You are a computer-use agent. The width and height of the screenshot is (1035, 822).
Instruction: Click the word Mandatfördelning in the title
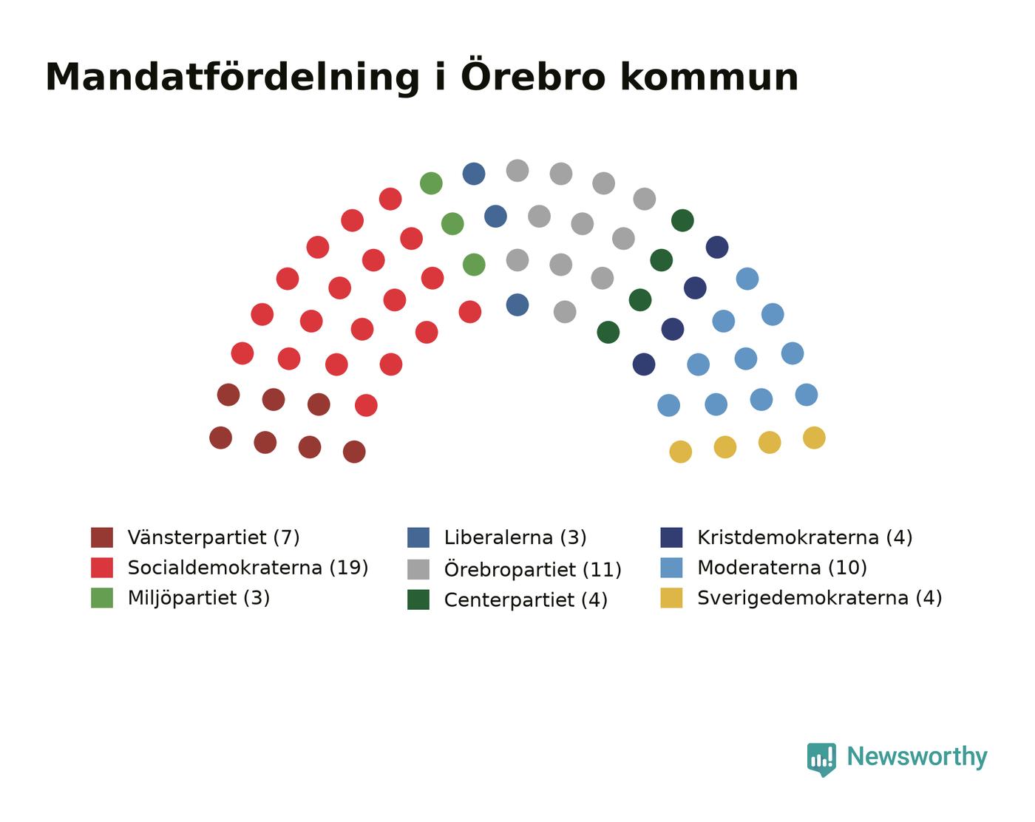[x=233, y=78]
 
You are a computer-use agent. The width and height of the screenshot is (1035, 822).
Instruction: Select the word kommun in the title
[x=710, y=77]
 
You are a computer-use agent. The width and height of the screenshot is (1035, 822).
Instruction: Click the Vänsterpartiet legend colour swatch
[x=102, y=537]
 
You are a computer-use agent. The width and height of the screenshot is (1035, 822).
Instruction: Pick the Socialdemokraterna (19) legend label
[x=248, y=568]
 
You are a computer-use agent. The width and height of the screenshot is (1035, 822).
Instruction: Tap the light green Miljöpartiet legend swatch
[x=102, y=598]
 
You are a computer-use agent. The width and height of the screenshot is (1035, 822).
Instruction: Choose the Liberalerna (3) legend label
[x=515, y=537]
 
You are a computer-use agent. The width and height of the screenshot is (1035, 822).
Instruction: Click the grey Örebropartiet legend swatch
[x=418, y=569]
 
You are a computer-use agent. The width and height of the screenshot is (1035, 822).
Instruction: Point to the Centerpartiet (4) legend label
[x=526, y=599]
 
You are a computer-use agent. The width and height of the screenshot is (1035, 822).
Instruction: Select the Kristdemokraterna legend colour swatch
[x=671, y=537]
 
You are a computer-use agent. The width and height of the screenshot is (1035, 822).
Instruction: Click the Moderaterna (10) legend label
[x=782, y=568]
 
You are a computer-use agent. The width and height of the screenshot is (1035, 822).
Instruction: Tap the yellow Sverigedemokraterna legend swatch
[x=671, y=598]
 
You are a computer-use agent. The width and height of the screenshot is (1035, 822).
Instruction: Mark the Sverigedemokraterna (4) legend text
[x=820, y=598]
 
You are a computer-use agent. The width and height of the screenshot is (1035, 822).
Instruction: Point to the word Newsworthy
[x=917, y=757]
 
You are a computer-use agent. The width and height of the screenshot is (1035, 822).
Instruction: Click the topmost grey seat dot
[x=517, y=171]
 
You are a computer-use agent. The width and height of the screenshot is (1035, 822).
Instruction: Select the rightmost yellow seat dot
[x=814, y=438]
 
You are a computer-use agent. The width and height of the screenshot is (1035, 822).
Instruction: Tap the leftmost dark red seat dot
[x=221, y=438]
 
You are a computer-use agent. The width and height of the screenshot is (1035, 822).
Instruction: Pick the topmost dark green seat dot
[x=682, y=220]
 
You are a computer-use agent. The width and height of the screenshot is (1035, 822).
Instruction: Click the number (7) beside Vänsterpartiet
[x=287, y=537]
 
